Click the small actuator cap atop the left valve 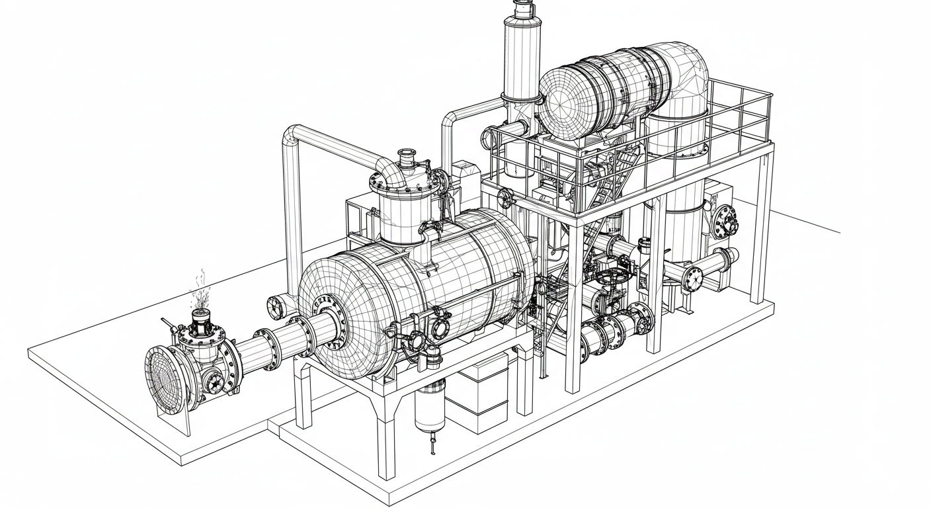(x=200, y=319)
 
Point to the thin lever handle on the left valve (x=169, y=325)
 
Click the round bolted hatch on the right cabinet (x=725, y=220)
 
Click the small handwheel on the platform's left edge (x=506, y=198)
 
